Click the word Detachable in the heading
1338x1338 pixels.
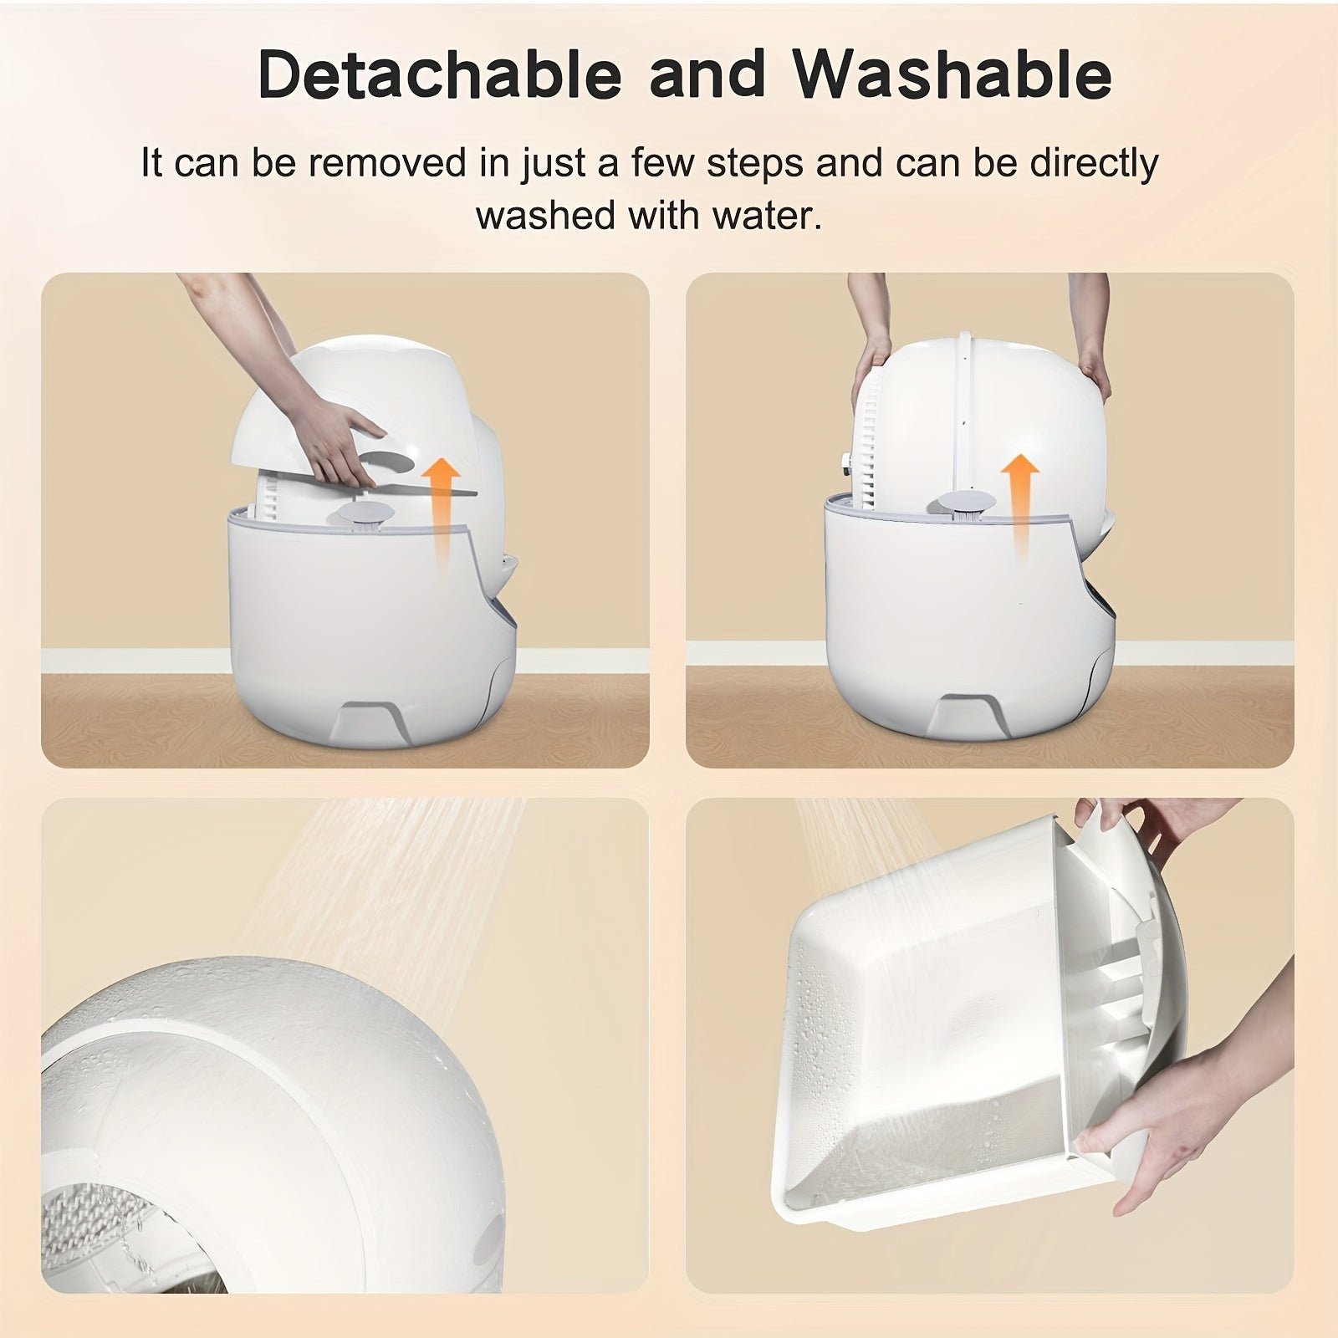pyautogui.click(x=440, y=75)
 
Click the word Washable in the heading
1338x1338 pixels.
pyautogui.click(x=952, y=75)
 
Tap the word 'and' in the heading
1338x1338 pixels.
pyautogui.click(x=707, y=75)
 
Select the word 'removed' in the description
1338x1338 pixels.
pyautogui.click(x=387, y=164)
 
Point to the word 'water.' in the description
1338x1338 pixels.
pyautogui.click(x=767, y=216)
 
